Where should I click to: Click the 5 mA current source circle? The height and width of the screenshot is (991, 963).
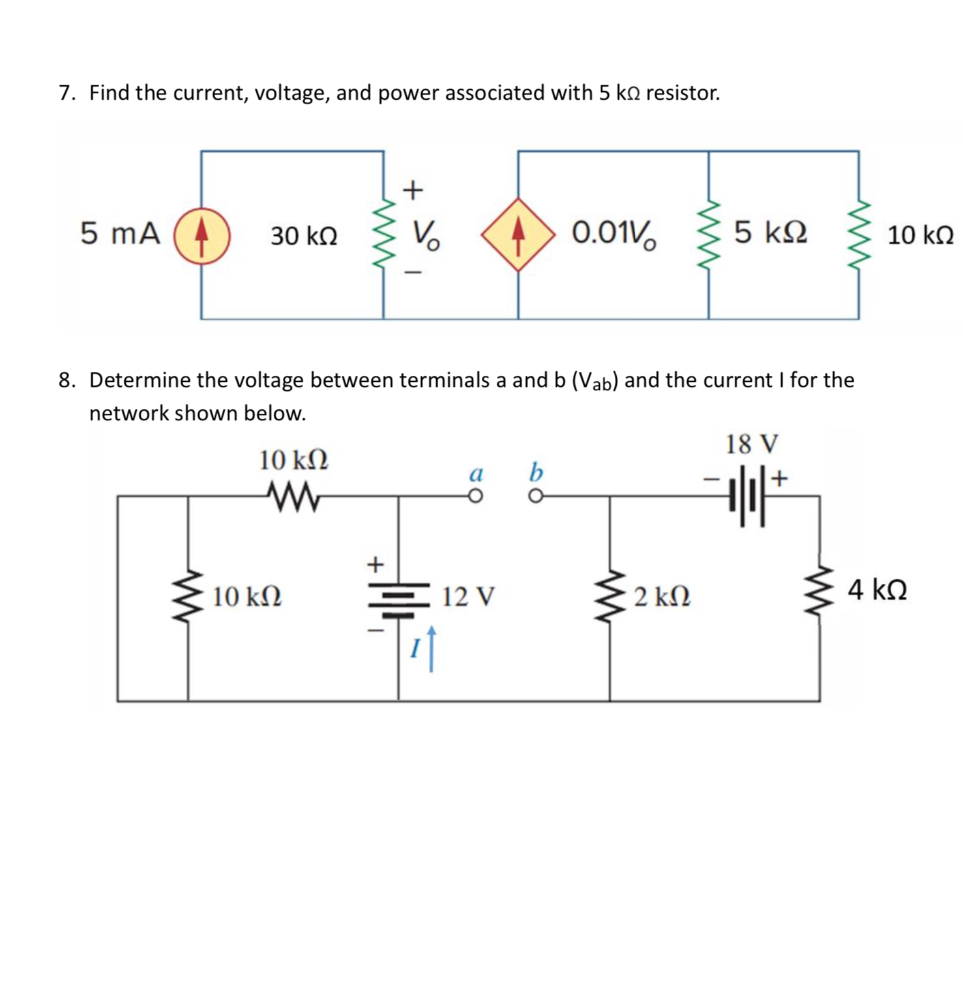tap(201, 235)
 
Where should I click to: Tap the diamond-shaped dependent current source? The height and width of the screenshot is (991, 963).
tap(518, 235)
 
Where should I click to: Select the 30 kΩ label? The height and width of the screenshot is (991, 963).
tap(304, 236)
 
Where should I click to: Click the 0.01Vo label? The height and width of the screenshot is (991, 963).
tap(614, 233)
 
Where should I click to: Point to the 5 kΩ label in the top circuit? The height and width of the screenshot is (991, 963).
tap(771, 233)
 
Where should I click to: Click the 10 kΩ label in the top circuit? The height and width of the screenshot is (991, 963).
tap(920, 235)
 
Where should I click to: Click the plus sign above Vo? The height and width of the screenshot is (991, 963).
tap(413, 190)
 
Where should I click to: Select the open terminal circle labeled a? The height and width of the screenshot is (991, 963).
tap(476, 497)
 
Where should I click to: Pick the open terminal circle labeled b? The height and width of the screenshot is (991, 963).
tap(535, 497)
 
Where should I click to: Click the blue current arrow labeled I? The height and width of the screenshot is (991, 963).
tap(430, 648)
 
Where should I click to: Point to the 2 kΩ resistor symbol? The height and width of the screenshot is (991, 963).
tap(610, 595)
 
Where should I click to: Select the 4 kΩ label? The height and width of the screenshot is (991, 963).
tap(877, 590)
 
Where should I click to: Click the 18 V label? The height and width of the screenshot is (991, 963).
tap(752, 444)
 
